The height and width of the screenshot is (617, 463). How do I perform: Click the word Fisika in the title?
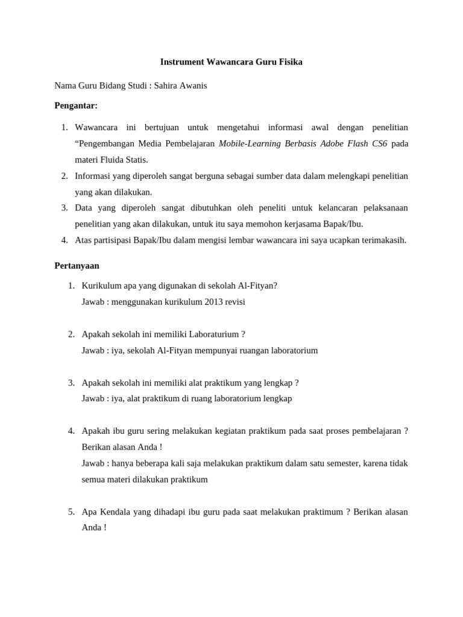(288, 62)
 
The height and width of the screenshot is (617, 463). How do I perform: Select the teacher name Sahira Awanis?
(180, 86)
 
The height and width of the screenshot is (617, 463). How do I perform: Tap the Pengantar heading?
(76, 106)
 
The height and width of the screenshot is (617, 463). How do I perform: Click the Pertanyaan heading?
(77, 265)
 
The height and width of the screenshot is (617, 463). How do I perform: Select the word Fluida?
(112, 160)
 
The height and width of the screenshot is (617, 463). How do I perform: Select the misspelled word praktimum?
(321, 512)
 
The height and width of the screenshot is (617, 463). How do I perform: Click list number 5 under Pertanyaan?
(71, 512)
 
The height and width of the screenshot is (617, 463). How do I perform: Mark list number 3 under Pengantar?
(65, 208)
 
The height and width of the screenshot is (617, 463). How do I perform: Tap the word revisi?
(234, 302)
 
